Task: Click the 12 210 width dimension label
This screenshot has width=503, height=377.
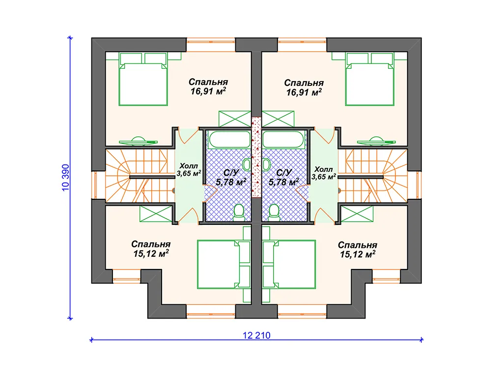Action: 256,335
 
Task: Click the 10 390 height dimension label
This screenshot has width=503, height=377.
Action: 65,178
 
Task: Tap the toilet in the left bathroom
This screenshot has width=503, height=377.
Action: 239,213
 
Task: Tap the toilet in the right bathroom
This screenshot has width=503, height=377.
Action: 274,213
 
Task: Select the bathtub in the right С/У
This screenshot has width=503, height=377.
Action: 283,140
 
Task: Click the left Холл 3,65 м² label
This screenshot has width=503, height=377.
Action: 189,170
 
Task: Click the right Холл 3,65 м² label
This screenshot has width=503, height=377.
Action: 324,173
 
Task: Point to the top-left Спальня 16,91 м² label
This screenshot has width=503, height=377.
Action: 208,86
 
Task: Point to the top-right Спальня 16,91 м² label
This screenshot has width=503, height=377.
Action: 304,87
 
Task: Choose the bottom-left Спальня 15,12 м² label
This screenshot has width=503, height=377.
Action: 151,249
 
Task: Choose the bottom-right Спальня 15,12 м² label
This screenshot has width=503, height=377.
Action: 358,250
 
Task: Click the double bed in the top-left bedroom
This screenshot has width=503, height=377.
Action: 143,79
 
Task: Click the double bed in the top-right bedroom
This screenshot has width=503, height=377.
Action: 369,79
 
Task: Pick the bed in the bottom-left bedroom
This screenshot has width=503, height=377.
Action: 224,265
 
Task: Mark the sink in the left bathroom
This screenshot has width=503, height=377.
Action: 247,165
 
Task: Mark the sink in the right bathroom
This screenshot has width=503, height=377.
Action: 266,165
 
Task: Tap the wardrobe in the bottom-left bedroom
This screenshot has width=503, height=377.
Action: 156,214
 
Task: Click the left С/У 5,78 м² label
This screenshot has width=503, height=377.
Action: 231,178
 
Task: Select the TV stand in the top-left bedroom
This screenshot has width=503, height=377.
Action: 138,141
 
